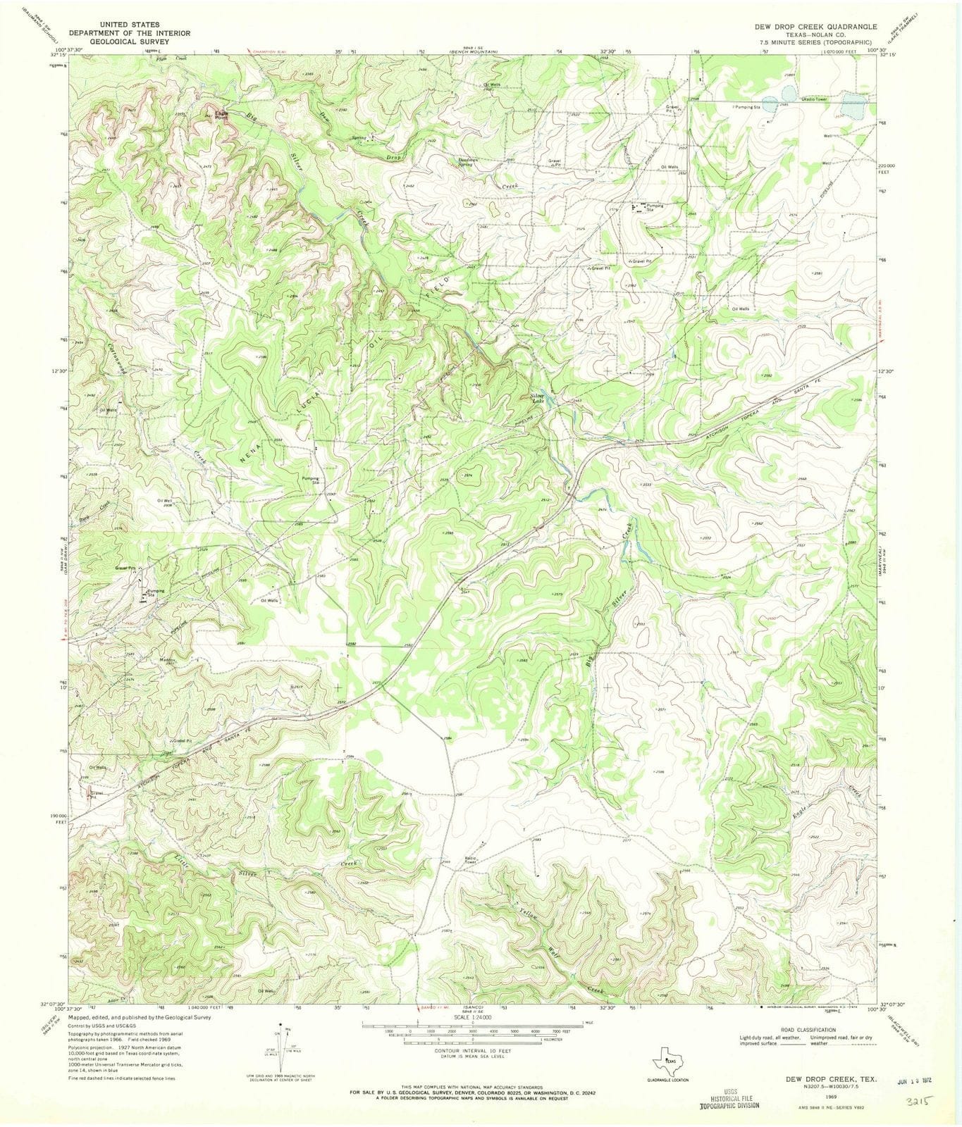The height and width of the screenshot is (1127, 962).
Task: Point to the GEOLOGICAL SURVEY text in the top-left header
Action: tap(128, 42)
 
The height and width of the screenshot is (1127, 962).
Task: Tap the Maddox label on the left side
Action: tap(167, 660)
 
